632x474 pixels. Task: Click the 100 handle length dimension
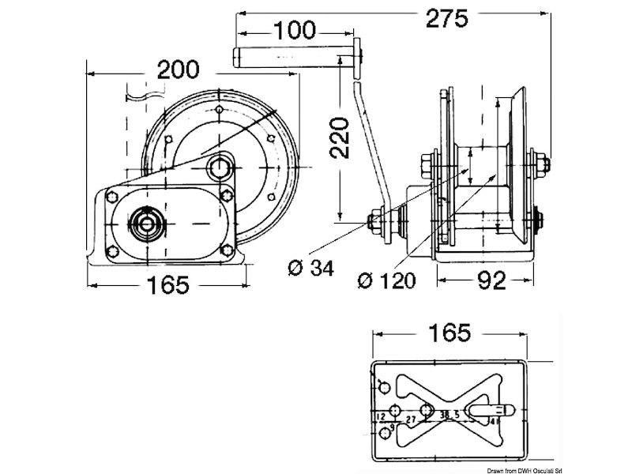(x=295, y=32)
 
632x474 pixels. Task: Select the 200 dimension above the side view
(x=177, y=71)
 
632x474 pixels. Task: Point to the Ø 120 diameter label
(x=386, y=280)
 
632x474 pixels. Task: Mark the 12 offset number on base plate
(x=381, y=415)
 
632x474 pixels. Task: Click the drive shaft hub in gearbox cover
(x=146, y=223)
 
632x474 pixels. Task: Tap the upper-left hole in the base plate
(x=384, y=386)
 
